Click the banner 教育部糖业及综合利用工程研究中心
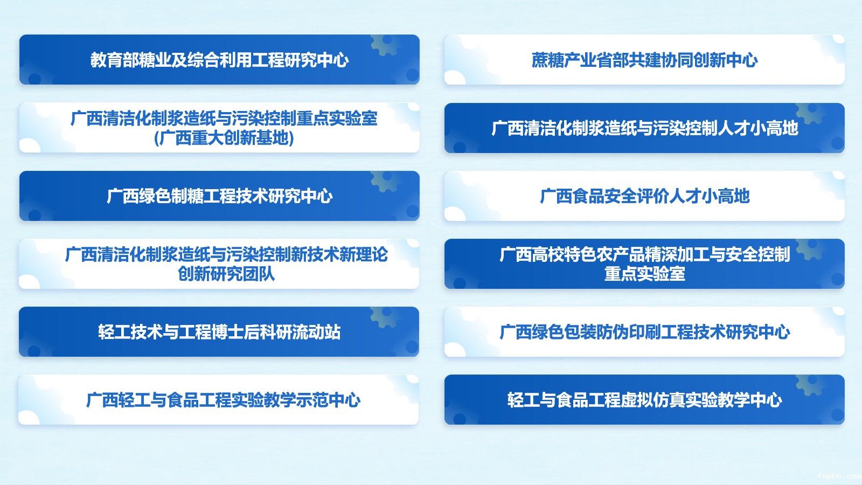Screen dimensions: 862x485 (219, 60)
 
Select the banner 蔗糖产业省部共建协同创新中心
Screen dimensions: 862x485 (644, 60)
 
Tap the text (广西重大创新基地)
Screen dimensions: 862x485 (224, 138)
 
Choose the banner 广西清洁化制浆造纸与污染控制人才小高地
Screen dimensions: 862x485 (644, 128)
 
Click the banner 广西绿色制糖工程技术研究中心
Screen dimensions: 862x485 (219, 196)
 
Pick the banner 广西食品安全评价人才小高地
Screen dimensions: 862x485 (644, 196)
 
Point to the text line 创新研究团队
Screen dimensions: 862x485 (226, 274)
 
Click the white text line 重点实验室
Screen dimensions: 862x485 (644, 274)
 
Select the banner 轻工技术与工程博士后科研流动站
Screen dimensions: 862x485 (219, 332)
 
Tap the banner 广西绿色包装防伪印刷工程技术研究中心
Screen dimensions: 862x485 (644, 332)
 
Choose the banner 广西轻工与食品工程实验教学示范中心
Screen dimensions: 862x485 (219, 399)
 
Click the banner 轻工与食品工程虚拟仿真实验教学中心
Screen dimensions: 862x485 (644, 399)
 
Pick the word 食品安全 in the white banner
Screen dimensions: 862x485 (604, 196)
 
